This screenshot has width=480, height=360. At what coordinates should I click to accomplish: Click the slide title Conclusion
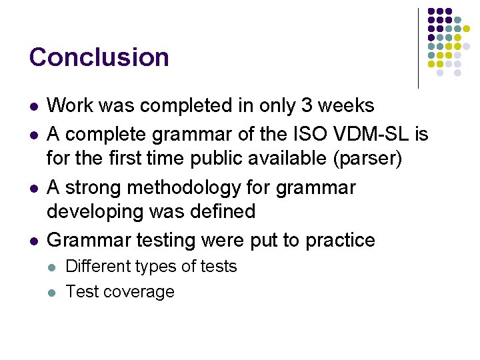[99, 57]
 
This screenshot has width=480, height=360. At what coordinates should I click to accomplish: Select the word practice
[340, 240]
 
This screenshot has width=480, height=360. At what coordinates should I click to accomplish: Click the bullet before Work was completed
[34, 106]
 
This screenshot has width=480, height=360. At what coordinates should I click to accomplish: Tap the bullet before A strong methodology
[34, 189]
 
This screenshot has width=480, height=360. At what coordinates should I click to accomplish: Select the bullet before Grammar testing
[34, 241]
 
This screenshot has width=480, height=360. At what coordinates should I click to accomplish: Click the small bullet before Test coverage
[54, 293]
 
